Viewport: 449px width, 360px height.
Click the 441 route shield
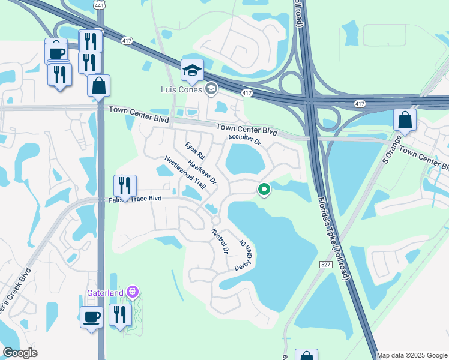98,4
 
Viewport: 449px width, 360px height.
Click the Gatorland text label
104,293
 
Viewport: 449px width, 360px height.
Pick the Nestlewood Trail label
185,172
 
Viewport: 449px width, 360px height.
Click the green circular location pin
264,190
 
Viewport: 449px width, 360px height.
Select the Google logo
20,353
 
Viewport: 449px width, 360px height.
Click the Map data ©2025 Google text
412,355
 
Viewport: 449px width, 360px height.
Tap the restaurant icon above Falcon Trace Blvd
125,185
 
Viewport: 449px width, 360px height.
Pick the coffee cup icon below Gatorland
92,317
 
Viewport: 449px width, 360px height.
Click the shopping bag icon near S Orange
405,119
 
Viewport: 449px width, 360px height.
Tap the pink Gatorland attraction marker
133,293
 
